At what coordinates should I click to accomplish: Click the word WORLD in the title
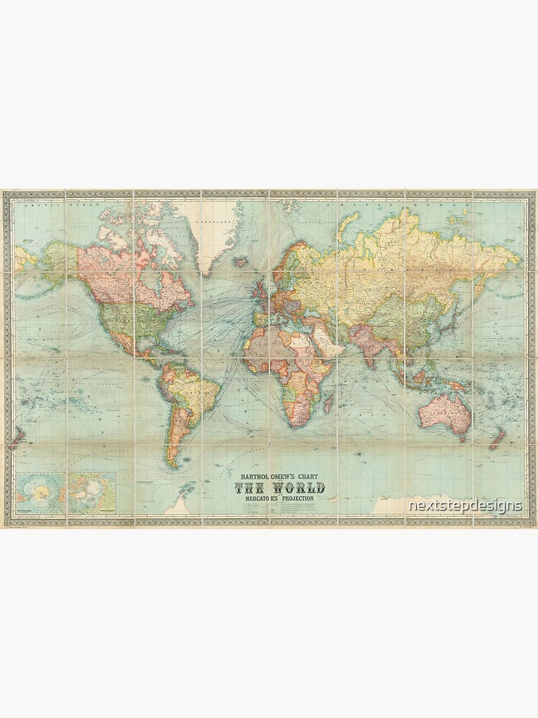click(x=296, y=488)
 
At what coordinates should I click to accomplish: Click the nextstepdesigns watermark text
click(x=464, y=505)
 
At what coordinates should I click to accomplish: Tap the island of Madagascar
click(x=325, y=403)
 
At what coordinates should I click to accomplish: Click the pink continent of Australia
click(x=438, y=406)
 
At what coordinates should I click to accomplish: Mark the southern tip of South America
click(x=173, y=465)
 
